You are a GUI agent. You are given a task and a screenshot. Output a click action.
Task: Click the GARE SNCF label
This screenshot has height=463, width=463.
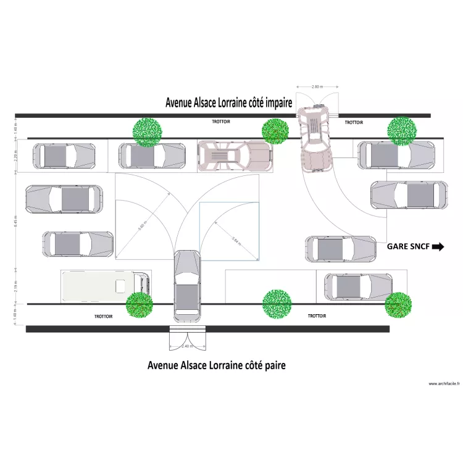tap(408, 246)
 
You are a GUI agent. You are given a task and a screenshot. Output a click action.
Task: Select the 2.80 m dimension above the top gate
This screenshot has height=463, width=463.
tap(317, 87)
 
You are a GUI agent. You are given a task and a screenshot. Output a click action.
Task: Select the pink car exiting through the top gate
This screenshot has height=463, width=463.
tap(316, 139)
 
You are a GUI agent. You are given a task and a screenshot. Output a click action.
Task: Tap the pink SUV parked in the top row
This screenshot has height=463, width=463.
tap(235, 156)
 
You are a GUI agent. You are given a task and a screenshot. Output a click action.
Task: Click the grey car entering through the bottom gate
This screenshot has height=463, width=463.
tap(186, 286)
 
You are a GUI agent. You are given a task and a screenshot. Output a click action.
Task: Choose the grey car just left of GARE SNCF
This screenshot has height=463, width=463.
tap(340, 249)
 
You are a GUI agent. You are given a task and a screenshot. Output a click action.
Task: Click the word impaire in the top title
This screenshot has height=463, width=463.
tap(271, 103)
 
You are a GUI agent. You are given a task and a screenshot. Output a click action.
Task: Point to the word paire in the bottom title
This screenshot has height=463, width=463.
tap(272, 365)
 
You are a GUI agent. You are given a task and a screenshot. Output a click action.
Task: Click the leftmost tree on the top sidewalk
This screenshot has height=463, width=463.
tap(148, 131)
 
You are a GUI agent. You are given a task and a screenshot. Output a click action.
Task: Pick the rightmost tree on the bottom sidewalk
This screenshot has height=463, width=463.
tap(398, 304)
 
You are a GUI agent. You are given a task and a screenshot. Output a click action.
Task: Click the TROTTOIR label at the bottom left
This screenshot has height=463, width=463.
tap(103, 316)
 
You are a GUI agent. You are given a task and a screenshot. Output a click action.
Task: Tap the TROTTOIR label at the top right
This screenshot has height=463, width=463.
tap(354, 123)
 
